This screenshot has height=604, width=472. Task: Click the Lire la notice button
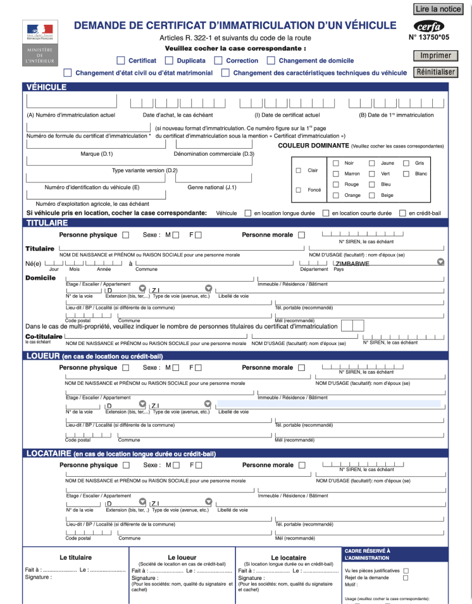[x=438, y=9]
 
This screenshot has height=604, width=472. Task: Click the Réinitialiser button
[x=436, y=72]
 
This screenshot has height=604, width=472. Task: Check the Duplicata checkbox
[x=169, y=61]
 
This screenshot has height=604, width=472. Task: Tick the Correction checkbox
[x=218, y=61]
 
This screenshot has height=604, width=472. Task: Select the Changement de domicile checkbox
[x=271, y=61]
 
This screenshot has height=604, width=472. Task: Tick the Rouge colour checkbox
[x=336, y=184]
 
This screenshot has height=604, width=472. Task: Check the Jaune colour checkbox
[x=372, y=163]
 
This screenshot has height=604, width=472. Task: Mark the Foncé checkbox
[x=299, y=190]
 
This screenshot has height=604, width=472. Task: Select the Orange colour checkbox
[x=336, y=195]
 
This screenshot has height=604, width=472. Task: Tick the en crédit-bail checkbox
[x=402, y=213]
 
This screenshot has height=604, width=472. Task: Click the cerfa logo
[x=428, y=27]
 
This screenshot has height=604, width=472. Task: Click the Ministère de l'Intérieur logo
[x=40, y=42]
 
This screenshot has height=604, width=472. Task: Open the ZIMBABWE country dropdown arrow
[x=441, y=262]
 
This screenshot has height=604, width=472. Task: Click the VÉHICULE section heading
[x=46, y=87]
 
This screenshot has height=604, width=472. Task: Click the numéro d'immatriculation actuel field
[x=71, y=101]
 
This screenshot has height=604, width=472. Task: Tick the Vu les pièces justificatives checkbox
[x=406, y=570]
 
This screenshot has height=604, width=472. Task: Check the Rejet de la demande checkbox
[x=406, y=577]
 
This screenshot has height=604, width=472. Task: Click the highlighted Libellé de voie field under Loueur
[x=328, y=403]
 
